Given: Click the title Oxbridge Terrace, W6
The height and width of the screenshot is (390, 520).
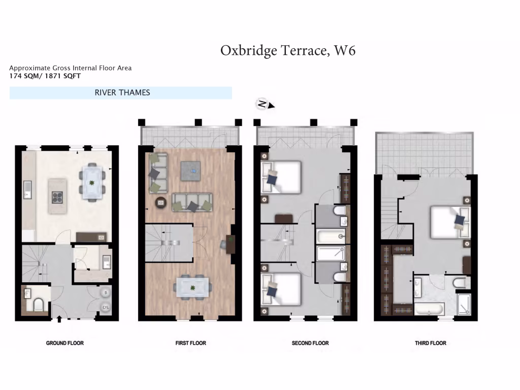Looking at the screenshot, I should point(287,51).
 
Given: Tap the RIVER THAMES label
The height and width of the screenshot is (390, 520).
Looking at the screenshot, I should point(122,92).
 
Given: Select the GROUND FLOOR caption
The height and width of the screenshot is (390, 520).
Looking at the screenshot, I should point(65,343).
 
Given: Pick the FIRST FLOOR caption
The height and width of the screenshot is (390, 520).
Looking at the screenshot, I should point(190,343).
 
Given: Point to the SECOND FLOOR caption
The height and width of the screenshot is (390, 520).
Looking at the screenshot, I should point(310,343).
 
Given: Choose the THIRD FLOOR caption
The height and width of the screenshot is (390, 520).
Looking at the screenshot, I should point(430,343).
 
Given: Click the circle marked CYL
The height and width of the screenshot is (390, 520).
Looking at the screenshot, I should point(106,307).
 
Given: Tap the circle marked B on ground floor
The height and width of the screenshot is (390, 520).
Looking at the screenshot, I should point(106,292).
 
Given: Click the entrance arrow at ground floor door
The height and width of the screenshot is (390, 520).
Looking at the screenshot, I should point(60,319).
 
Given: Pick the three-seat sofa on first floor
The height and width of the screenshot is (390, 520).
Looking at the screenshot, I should point(192,202).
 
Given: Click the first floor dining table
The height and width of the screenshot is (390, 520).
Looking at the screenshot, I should point(192,288).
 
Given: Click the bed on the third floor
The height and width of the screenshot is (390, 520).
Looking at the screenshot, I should point(451,222).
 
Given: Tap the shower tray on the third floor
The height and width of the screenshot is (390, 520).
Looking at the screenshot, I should point(464,305).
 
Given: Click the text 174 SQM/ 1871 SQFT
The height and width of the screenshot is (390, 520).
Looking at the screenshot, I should point(45,76).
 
